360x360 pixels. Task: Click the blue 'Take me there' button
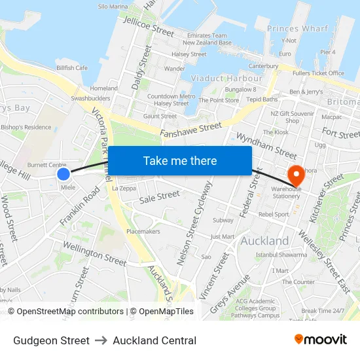tap(180, 160)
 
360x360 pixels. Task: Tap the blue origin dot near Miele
tap(63, 173)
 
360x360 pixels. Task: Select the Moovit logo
tap(321, 340)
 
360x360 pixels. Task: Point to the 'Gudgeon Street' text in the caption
tap(51, 340)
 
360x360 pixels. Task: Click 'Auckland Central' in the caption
tap(154, 340)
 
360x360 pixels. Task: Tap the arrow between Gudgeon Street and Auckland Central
tap(101, 340)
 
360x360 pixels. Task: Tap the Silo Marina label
tap(113, 7)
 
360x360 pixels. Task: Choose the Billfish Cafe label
tap(72, 67)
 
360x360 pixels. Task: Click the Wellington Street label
tap(94, 253)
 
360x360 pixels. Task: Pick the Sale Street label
tap(160, 195)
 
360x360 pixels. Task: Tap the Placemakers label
tap(143, 231)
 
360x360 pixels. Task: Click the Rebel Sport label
tap(273, 214)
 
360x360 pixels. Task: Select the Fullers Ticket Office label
tap(317, 73)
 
